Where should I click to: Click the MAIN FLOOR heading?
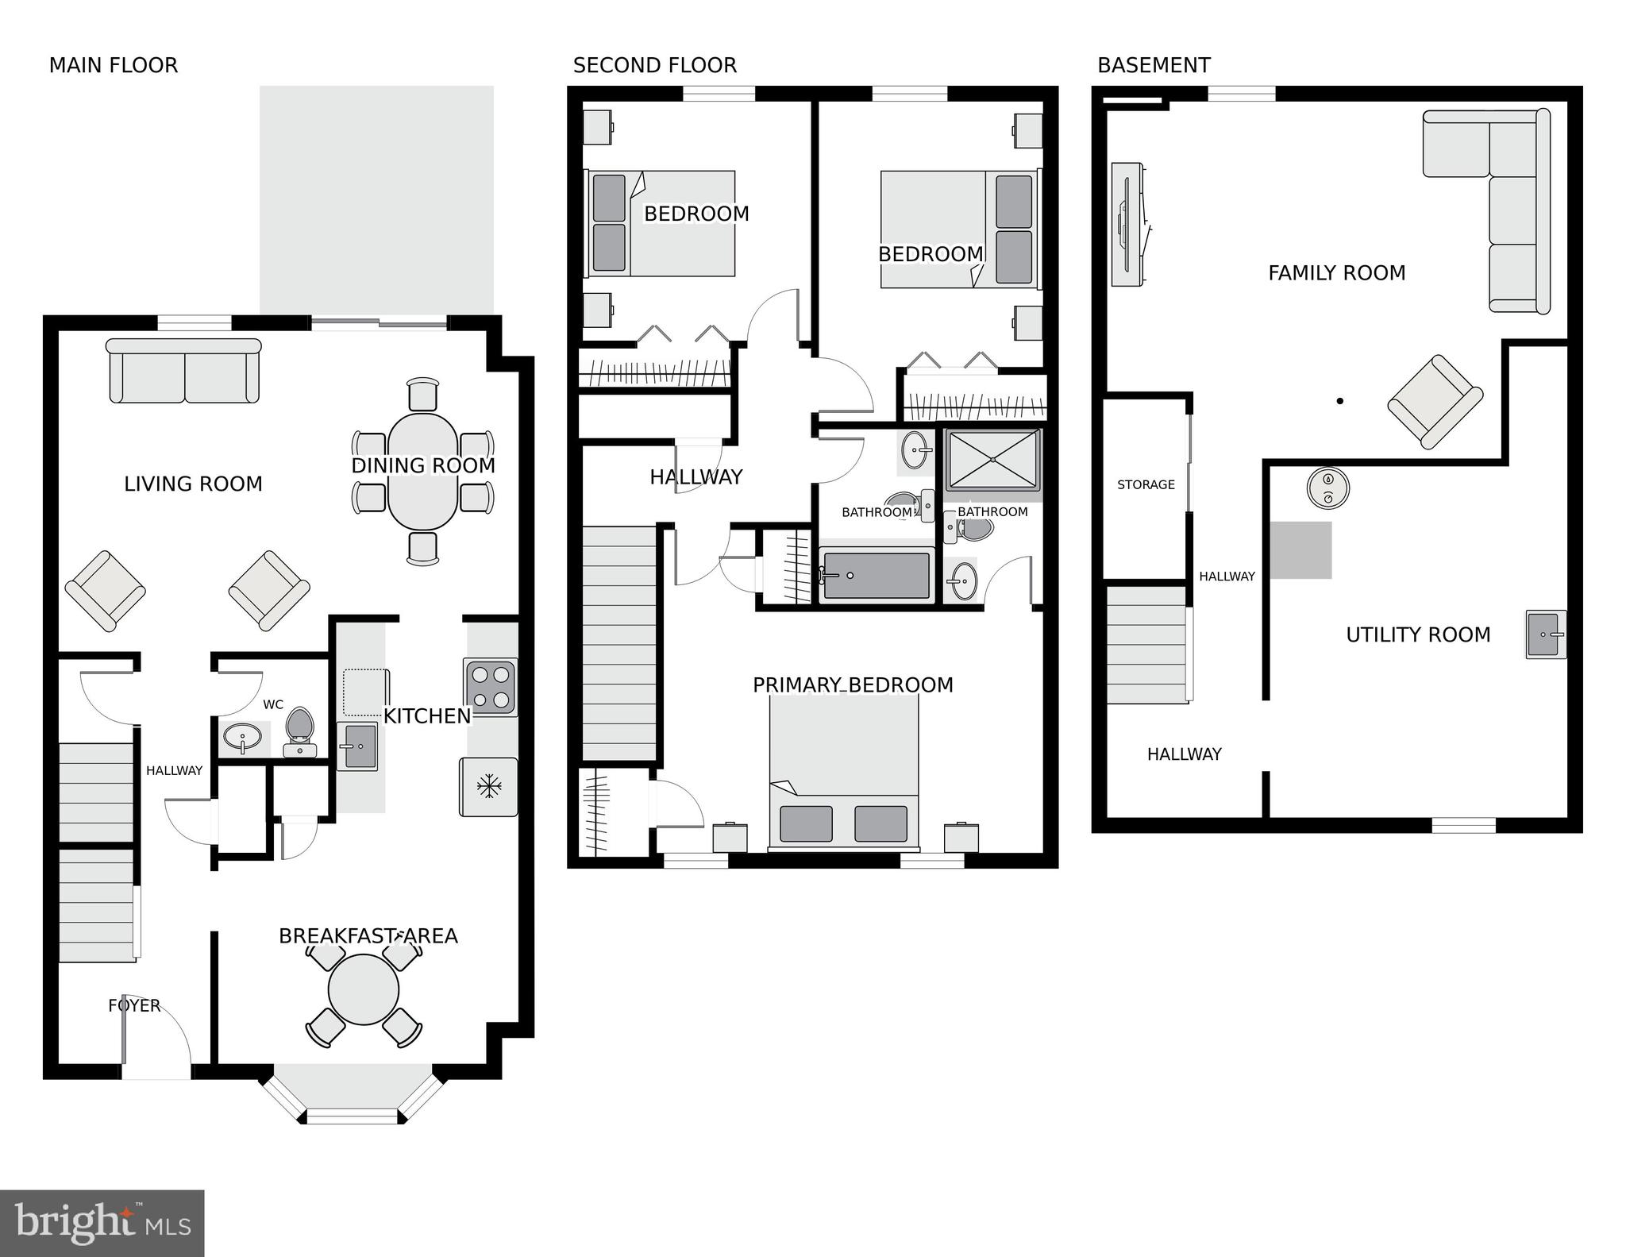point(114,65)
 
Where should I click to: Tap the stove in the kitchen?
point(491,687)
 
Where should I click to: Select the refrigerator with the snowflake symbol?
point(488,787)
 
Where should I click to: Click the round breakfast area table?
point(364,989)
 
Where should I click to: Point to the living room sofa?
point(183,371)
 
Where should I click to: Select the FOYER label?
point(134,1005)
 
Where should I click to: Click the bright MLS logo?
point(102,1223)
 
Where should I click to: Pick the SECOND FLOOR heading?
point(654,65)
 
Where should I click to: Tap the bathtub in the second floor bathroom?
point(877,575)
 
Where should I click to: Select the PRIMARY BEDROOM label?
point(853,684)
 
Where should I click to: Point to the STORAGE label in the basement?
point(1146,484)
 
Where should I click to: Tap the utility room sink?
point(1545,634)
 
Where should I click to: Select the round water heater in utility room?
point(1328,488)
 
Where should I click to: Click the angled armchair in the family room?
point(1435,401)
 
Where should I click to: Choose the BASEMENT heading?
point(1154,65)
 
